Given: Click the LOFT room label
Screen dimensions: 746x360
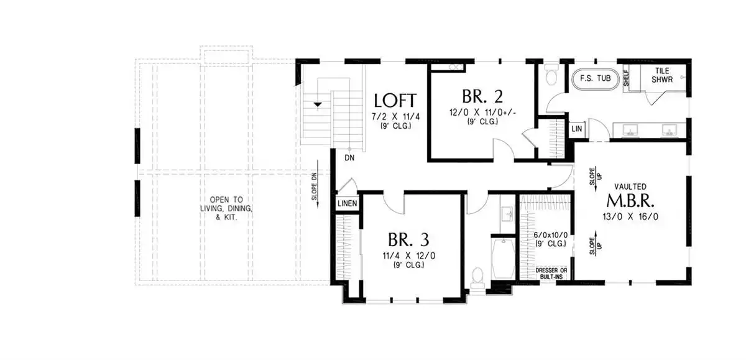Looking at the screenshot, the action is coord(395,101).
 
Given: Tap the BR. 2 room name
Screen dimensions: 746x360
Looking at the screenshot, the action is coord(482,96).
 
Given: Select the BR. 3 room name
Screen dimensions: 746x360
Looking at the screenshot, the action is coord(408,239).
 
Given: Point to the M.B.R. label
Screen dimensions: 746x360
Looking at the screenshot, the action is coord(630,201).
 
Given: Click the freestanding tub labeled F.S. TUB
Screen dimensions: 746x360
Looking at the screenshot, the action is coord(595,80).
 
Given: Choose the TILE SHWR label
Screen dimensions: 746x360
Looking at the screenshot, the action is coord(662,75).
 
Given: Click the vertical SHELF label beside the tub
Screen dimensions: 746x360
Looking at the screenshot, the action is coord(626,78).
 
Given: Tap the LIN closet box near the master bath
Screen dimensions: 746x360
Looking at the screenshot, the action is coord(577,129).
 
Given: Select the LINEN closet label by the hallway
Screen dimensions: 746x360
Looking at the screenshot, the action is coord(348,203).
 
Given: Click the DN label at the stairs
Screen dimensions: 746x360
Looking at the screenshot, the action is coord(349,158).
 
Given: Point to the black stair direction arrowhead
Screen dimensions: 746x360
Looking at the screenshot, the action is coord(318,104).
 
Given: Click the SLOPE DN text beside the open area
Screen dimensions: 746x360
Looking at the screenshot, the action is coord(314,186).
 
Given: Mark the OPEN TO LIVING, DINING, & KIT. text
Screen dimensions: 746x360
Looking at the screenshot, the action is coord(226,208).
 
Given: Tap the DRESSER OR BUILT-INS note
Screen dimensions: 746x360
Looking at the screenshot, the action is coord(551,274).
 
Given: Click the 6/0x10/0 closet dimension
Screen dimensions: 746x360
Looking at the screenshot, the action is coord(551,235).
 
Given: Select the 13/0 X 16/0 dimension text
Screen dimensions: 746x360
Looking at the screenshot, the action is coord(630,217).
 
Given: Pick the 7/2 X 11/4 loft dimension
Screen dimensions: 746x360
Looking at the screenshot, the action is coord(395,117).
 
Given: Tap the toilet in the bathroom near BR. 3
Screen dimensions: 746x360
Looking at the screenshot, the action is coord(477,277).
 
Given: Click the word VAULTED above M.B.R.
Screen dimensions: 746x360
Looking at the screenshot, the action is coord(630,187).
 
